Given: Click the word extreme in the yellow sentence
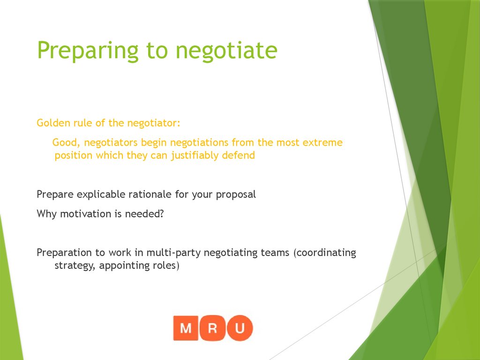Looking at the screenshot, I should [323, 142].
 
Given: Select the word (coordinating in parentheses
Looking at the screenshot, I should [324, 253].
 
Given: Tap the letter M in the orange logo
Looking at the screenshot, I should [186, 328].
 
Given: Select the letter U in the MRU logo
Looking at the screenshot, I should [239, 328].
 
